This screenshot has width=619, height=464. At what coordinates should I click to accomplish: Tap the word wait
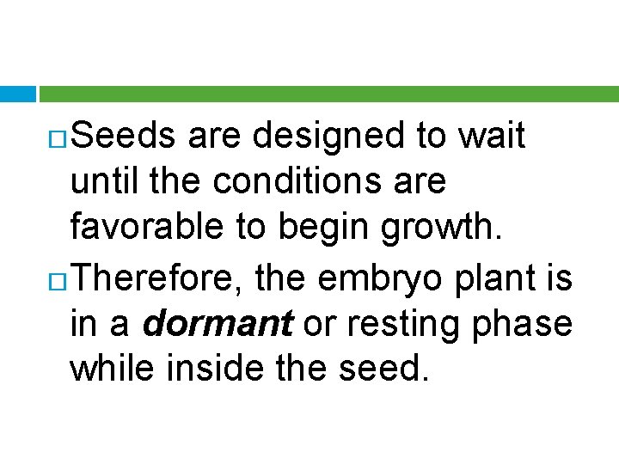pos(491,137)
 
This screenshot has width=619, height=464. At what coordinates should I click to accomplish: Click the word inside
pos(223,369)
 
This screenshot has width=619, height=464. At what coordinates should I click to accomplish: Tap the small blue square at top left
pos(17,94)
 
